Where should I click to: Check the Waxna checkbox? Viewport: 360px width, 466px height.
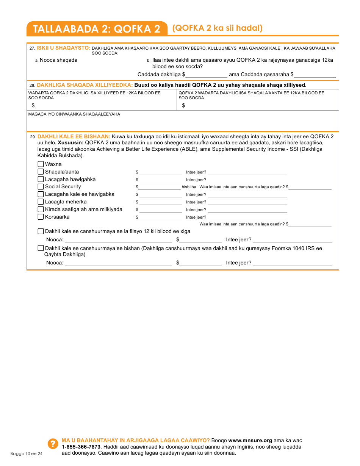coord(41,164)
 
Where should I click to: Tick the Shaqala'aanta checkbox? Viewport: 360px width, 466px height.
coord(41,172)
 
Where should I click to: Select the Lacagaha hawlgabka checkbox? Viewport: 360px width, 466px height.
coord(41,179)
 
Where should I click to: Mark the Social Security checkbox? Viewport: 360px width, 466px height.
coord(41,186)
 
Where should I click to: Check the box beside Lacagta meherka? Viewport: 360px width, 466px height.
coord(41,202)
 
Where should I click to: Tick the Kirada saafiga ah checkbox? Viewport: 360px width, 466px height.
coord(41,209)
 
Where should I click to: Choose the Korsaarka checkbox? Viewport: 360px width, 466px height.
coord(41,217)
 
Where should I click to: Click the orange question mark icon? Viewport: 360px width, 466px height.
coord(52,444)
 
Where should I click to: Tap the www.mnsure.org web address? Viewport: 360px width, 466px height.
coord(250,440)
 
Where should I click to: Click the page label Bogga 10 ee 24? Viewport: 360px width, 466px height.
coord(27,453)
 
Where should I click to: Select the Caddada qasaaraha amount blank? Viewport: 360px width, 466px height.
coord(315,75)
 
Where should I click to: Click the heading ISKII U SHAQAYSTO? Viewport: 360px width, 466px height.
coord(63,48)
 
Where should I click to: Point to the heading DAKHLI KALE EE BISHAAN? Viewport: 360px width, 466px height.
coord(74,136)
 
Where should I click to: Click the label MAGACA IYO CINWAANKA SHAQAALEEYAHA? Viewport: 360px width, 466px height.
coord(74,114)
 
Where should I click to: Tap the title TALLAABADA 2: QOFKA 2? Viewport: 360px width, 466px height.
coord(97,29)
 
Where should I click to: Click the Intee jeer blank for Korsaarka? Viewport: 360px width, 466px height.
coord(247,217)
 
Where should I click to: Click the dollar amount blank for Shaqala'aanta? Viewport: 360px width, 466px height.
coord(160,172)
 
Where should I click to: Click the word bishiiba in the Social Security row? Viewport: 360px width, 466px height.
coord(189,187)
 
